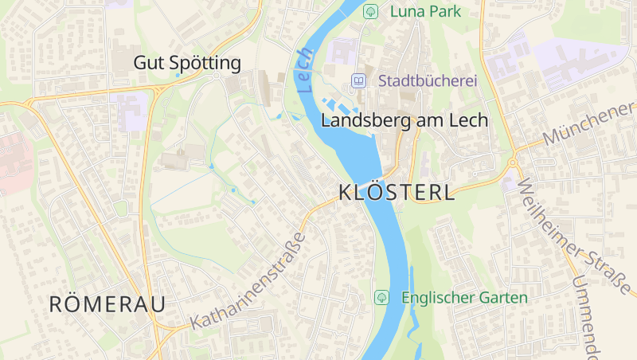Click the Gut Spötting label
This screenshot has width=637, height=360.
187,62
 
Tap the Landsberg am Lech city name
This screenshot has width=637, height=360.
404,120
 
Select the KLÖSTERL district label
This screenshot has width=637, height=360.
397,193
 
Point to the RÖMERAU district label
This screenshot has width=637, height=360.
107,303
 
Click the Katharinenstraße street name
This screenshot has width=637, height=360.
248,281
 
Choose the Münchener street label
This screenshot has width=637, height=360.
589,124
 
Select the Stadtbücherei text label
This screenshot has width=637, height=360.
427,80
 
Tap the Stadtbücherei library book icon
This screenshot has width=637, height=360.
358,80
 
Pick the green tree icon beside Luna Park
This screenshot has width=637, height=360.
370,11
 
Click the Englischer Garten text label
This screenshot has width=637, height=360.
465,298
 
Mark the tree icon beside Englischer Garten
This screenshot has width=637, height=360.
381,297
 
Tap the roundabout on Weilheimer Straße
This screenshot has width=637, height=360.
512,163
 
